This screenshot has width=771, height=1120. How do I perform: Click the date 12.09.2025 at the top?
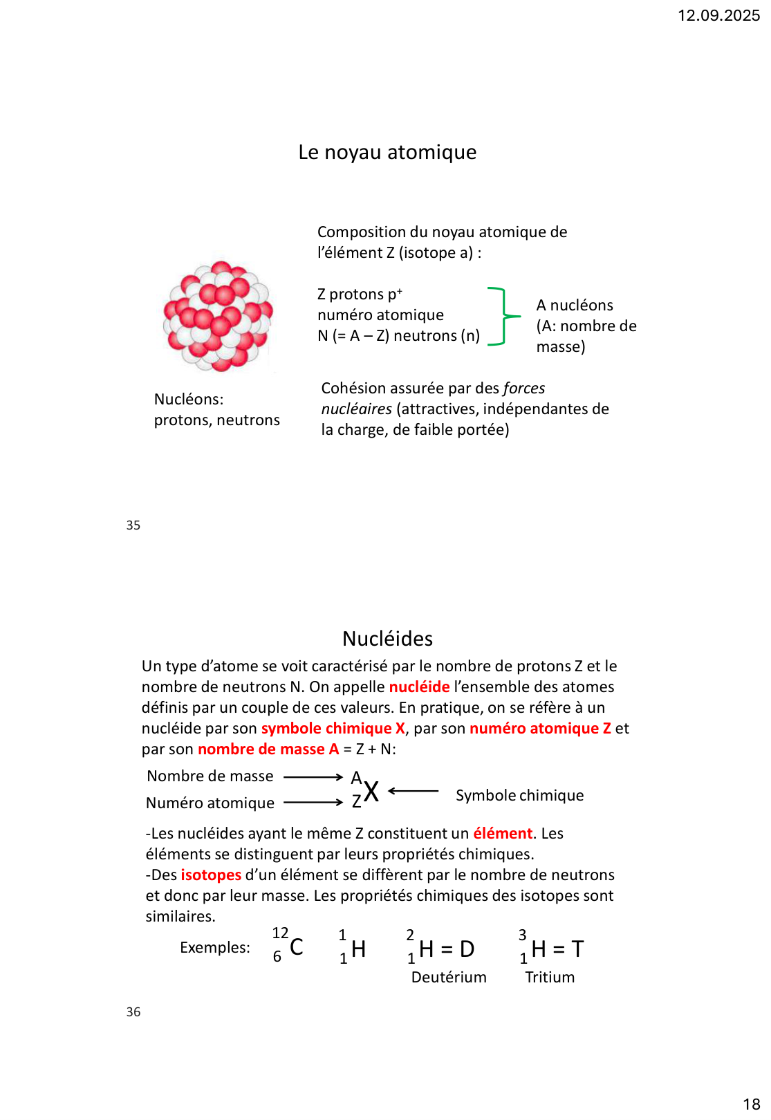point(718,15)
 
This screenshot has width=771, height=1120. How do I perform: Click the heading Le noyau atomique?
point(387,152)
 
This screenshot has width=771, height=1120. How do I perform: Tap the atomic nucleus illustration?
point(218,317)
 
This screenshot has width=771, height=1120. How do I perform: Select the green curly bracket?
point(504,316)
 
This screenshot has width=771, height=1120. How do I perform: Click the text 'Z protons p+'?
point(360,295)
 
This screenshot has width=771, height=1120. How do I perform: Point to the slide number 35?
point(133,525)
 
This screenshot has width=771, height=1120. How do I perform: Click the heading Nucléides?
point(387,639)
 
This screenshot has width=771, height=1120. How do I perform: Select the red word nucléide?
point(419,687)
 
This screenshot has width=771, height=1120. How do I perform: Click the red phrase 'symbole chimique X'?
point(333,729)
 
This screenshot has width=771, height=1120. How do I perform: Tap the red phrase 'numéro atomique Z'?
point(540,729)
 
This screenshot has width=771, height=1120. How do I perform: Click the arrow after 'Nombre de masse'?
point(313,777)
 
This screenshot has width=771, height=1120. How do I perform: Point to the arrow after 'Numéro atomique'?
point(313,803)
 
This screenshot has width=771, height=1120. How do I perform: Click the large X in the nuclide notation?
point(371,792)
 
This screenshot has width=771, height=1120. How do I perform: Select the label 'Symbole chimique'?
point(519,796)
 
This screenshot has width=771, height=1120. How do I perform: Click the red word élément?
point(503,834)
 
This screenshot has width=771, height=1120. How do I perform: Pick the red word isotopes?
point(211,875)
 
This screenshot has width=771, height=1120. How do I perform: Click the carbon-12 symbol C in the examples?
point(296,946)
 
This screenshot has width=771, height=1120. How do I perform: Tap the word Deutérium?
point(449,978)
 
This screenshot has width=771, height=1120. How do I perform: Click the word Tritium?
point(550,978)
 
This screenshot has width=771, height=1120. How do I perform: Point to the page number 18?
point(751,1104)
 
